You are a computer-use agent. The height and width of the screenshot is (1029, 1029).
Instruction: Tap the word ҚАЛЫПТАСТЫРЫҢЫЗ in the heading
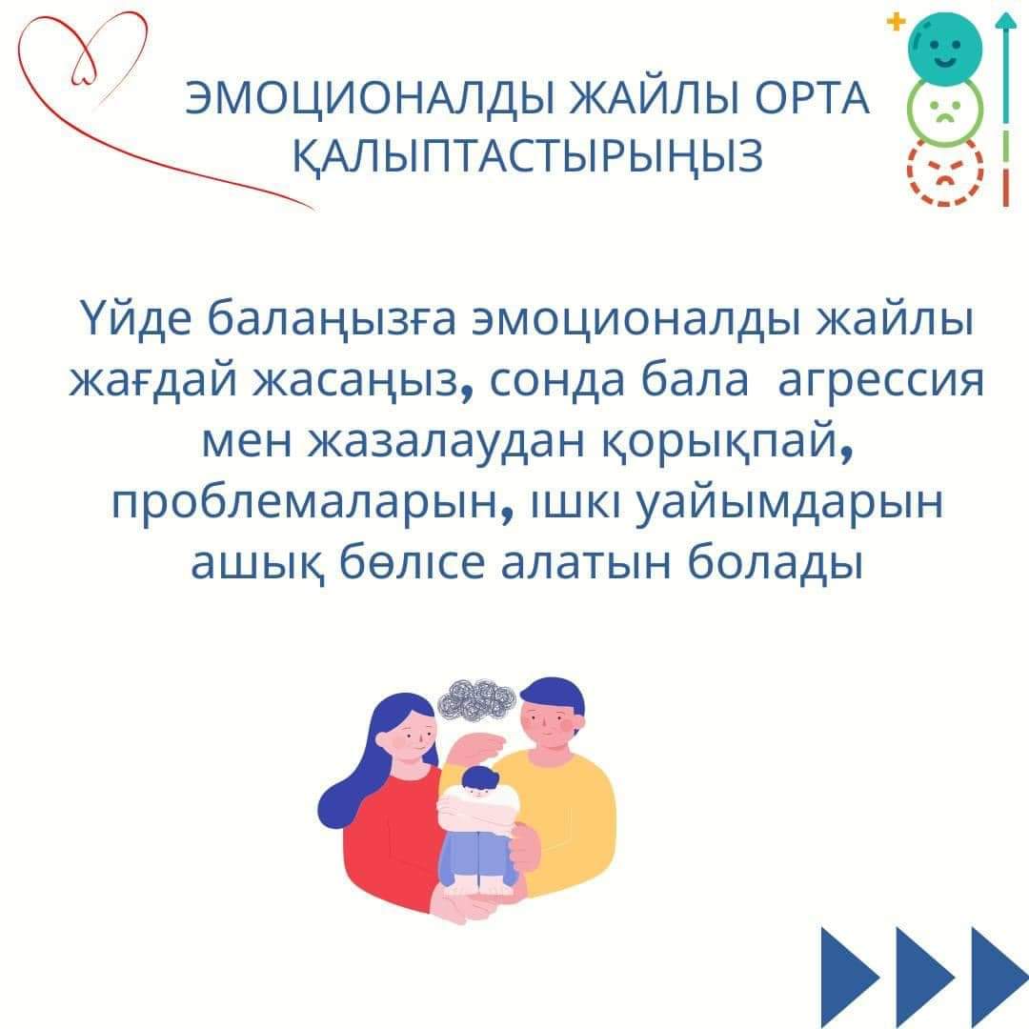pyautogui.click(x=528, y=156)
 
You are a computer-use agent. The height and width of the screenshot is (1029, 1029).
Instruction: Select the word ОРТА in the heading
pyautogui.click(x=812, y=99)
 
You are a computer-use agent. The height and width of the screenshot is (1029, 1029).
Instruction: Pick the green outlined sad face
pyautogui.click(x=945, y=111)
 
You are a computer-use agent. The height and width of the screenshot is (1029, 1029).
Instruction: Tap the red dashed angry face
pyautogui.click(x=945, y=171)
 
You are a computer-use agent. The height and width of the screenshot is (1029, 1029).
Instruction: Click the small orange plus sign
pyautogui.click(x=895, y=22)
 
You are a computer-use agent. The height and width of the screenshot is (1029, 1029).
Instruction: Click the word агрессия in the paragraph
pyautogui.click(x=880, y=382)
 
